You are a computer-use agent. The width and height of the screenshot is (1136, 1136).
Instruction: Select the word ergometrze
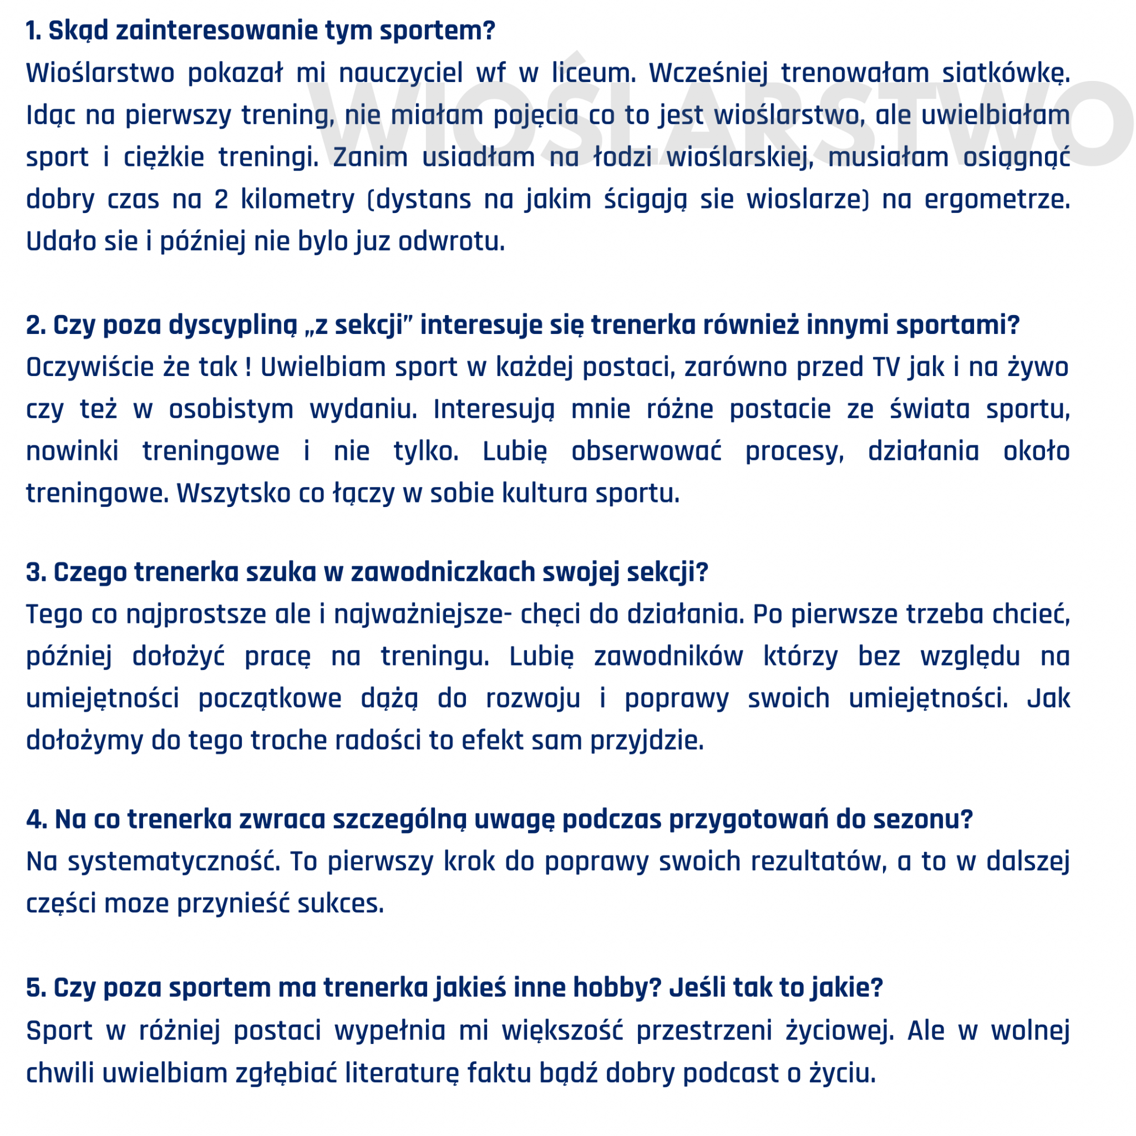coord(997,200)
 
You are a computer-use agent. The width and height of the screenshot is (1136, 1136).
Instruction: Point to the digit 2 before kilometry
coord(221,200)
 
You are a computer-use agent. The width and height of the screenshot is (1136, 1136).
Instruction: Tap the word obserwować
coord(646,452)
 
